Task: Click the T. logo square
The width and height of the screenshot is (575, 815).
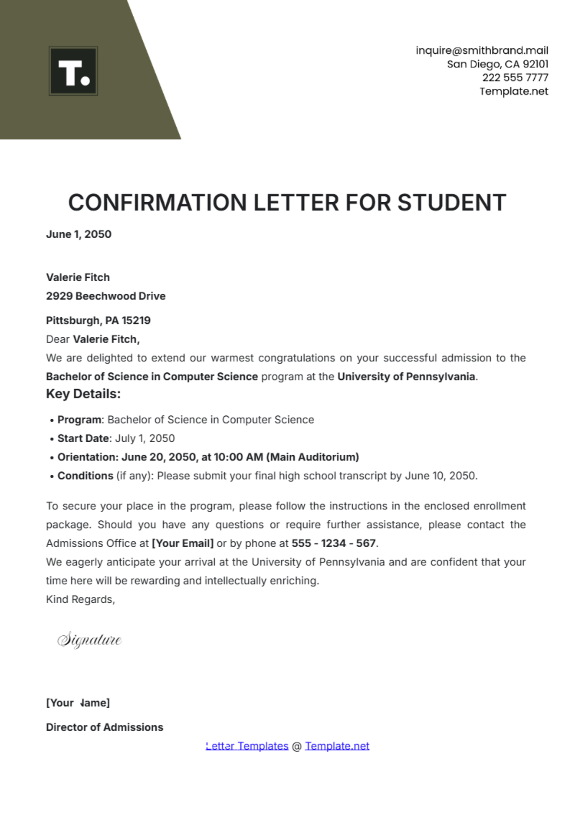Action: [x=73, y=71]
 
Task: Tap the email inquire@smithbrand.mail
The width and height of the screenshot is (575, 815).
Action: [x=482, y=50]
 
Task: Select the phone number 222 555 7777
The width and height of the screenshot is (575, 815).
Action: [x=515, y=78]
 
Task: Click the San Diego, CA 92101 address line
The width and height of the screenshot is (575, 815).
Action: [x=497, y=64]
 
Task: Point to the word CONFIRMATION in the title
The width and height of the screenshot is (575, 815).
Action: [x=158, y=203]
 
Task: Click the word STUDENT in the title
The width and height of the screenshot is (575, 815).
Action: [x=451, y=203]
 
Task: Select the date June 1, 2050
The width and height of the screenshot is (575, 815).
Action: [x=79, y=234]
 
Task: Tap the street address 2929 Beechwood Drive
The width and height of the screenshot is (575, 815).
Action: [x=105, y=296]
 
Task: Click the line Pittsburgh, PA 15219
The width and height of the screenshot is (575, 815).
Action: [x=98, y=321]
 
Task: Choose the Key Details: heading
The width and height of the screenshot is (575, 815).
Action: [x=83, y=394]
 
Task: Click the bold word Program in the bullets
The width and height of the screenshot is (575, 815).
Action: [x=80, y=420]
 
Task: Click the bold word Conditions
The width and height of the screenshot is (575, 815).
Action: [x=85, y=476]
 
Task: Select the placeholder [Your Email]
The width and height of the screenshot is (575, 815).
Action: [x=183, y=543]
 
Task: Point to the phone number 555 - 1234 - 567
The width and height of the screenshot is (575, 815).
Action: [x=333, y=543]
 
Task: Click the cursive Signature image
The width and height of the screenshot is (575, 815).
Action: [x=90, y=640]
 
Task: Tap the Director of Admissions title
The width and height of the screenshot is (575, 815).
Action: [x=104, y=727]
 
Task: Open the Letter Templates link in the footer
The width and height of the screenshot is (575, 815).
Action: [x=247, y=746]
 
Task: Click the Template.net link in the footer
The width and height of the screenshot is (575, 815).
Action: [x=337, y=746]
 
